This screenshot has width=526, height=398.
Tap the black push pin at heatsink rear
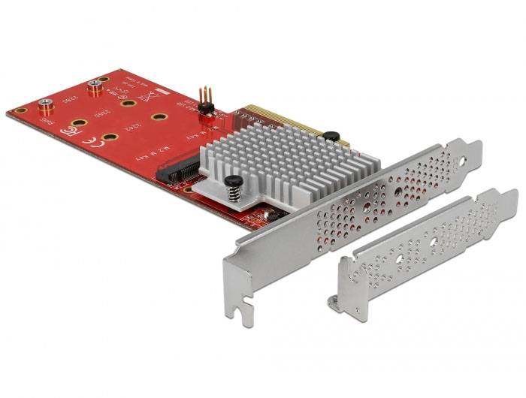pyautogui.click(x=328, y=136)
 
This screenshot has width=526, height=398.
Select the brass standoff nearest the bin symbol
pyautogui.click(x=95, y=87)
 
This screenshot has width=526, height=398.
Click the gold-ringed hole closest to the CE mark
pyautogui.click(x=110, y=137)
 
